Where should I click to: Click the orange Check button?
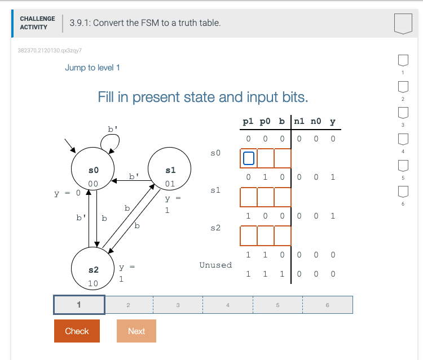pyautogui.click(x=77, y=331)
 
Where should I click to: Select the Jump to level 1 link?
pyautogui.click(x=92, y=68)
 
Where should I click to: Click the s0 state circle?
pyautogui.click(x=94, y=172)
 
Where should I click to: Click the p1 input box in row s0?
pyautogui.click(x=248, y=159)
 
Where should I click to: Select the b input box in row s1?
pyautogui.click(x=282, y=197)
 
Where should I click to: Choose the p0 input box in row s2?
pyautogui.click(x=265, y=234)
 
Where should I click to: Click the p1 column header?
pyautogui.click(x=248, y=121)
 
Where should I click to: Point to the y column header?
pyautogui.click(x=333, y=121)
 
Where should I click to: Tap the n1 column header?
pyautogui.click(x=299, y=121)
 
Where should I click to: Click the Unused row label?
pyautogui.click(x=215, y=265)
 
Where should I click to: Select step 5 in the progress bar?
pyautogui.click(x=277, y=305)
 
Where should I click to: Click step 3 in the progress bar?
pyautogui.click(x=178, y=305)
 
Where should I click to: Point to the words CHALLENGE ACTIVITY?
pyautogui.click(x=37, y=23)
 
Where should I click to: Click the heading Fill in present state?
pyautogui.click(x=203, y=97)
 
